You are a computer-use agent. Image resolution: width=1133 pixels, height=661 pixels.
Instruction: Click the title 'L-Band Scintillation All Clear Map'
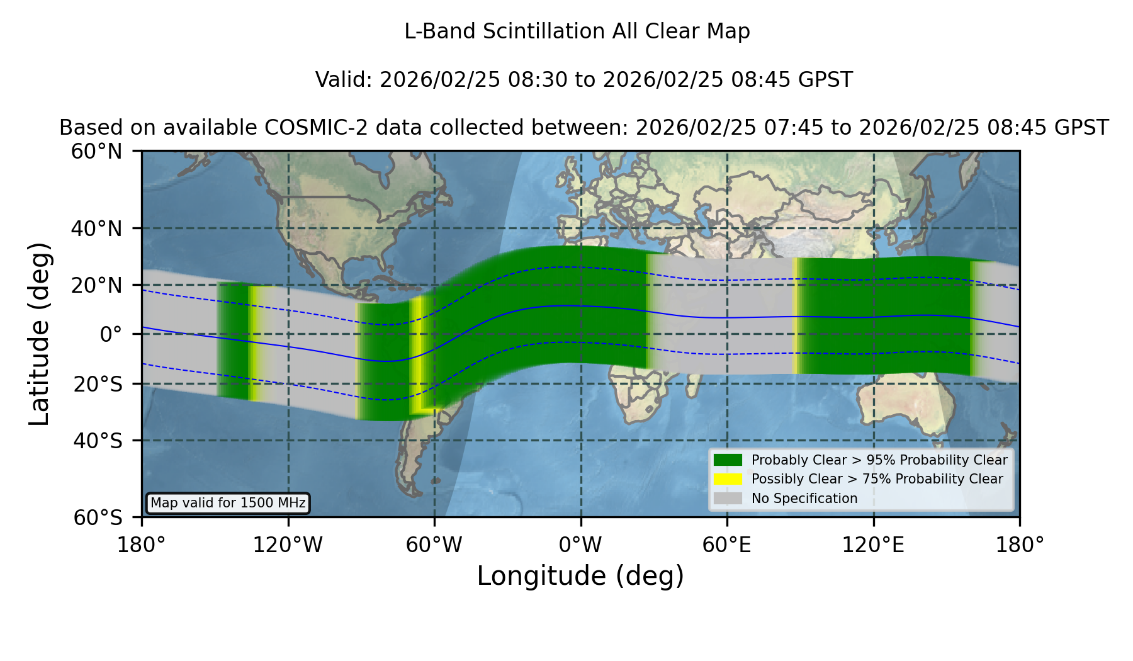coord(577,31)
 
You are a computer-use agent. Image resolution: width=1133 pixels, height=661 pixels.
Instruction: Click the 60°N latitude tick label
coord(97,151)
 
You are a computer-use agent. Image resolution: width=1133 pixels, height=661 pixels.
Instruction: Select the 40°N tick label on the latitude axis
coord(97,229)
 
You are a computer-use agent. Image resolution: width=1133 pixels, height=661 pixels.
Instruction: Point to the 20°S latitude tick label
coord(98,383)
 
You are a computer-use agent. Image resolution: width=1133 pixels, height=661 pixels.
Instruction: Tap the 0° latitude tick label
coord(111,334)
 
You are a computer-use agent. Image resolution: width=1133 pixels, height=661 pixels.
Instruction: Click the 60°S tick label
coord(98,517)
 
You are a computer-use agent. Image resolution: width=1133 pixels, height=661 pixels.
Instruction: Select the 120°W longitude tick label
coord(288,545)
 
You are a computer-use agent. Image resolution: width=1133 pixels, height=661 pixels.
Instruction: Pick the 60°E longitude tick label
coord(727,545)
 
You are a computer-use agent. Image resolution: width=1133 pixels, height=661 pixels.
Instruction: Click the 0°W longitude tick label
coord(580,545)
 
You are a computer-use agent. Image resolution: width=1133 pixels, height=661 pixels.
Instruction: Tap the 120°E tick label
coord(874,545)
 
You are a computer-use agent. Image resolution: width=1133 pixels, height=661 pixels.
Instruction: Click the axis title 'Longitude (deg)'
coord(580,576)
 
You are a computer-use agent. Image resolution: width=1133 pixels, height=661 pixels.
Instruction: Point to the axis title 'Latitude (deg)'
coord(39,334)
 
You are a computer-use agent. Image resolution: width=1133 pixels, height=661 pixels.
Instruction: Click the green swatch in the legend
coord(728,460)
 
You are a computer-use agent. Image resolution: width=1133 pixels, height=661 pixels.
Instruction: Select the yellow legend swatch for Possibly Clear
coord(728,479)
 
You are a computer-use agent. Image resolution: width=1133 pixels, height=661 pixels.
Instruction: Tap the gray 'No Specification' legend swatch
coord(728,499)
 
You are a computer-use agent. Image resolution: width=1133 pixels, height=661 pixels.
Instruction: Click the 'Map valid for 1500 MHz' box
coord(228,503)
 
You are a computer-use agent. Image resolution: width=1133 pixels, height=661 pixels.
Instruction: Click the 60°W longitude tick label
coord(434,545)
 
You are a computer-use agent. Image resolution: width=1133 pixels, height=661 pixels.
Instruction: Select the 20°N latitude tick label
coord(97,285)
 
